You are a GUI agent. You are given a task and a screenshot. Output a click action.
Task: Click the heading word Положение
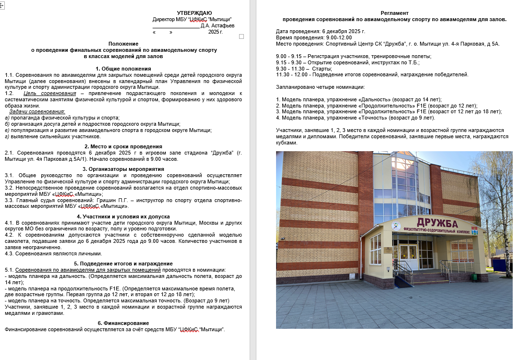(123, 44)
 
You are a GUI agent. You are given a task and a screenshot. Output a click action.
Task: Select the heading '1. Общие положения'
(123, 69)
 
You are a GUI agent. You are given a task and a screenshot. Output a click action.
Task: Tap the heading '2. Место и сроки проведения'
(123, 146)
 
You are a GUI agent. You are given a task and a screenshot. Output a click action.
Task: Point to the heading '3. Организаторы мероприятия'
(123, 169)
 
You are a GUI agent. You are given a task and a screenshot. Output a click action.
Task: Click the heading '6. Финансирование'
(123, 323)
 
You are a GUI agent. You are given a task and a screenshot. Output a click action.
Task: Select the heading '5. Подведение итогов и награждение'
(123, 264)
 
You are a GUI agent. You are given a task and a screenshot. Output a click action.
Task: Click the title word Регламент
(394, 13)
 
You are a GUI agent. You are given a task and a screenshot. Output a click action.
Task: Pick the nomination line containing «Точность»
(355, 118)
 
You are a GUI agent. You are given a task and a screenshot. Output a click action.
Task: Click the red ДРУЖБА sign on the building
(437, 223)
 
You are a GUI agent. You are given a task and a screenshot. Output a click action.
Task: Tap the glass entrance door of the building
(409, 257)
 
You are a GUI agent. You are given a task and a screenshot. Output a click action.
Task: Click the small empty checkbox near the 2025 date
(241, 36)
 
